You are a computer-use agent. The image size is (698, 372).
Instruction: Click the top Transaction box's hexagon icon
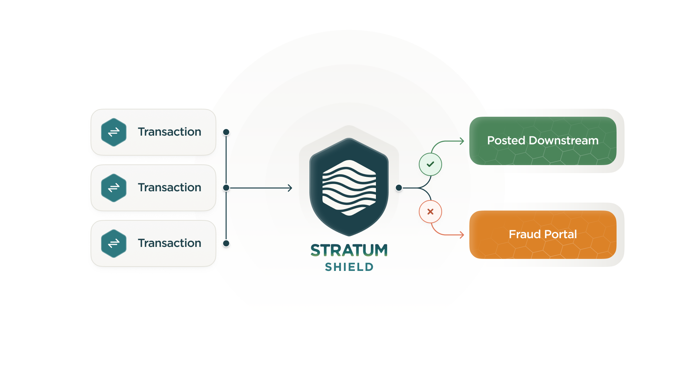[114, 132]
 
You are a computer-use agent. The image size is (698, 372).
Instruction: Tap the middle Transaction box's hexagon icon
[114, 188]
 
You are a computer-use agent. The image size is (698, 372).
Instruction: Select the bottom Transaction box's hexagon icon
[114, 243]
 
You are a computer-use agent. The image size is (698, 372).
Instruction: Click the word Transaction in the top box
[169, 132]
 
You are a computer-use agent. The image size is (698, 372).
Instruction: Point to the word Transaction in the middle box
[169, 187]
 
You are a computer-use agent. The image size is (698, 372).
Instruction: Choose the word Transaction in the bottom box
[169, 243]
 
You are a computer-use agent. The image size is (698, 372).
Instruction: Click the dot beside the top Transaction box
[226, 132]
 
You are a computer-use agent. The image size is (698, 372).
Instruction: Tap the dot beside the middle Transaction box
[226, 188]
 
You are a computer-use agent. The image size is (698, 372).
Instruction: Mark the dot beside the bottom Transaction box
[226, 243]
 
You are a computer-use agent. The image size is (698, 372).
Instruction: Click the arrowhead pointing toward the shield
[290, 188]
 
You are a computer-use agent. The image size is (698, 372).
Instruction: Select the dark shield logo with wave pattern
[349, 187]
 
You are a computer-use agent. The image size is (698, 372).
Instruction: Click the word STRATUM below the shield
[349, 250]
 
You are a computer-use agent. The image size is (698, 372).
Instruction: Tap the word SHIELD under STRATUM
[349, 267]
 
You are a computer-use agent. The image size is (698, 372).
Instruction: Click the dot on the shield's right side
[399, 188]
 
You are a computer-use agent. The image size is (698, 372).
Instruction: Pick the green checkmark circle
[430, 164]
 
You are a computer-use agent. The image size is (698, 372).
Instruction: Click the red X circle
[430, 212]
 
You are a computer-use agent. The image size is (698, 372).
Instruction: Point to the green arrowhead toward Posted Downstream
[462, 141]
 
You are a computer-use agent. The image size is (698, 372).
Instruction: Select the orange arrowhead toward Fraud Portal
[462, 235]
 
